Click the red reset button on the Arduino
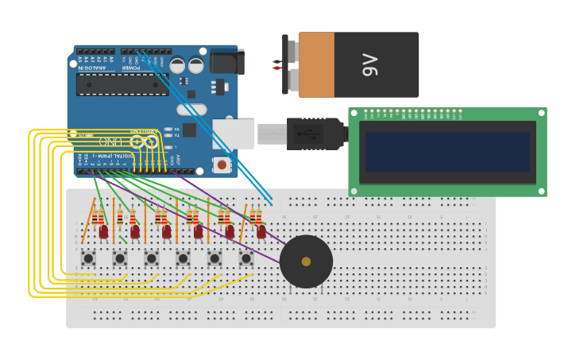[222, 165]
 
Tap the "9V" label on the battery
[370, 64]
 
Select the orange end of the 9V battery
[316, 64]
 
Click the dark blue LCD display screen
[447, 152]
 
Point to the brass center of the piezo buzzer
[306, 261]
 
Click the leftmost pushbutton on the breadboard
[88, 258]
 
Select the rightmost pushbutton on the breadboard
[246, 258]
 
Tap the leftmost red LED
[103, 231]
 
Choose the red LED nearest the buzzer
[261, 231]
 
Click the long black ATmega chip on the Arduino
[122, 84]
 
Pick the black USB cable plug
[314, 134]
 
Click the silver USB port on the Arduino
[233, 134]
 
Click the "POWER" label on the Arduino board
[130, 68]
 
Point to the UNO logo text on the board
[111, 141]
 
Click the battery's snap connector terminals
[278, 64]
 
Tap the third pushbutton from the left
[151, 258]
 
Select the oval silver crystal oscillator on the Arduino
[191, 110]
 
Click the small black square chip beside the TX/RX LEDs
[189, 130]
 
